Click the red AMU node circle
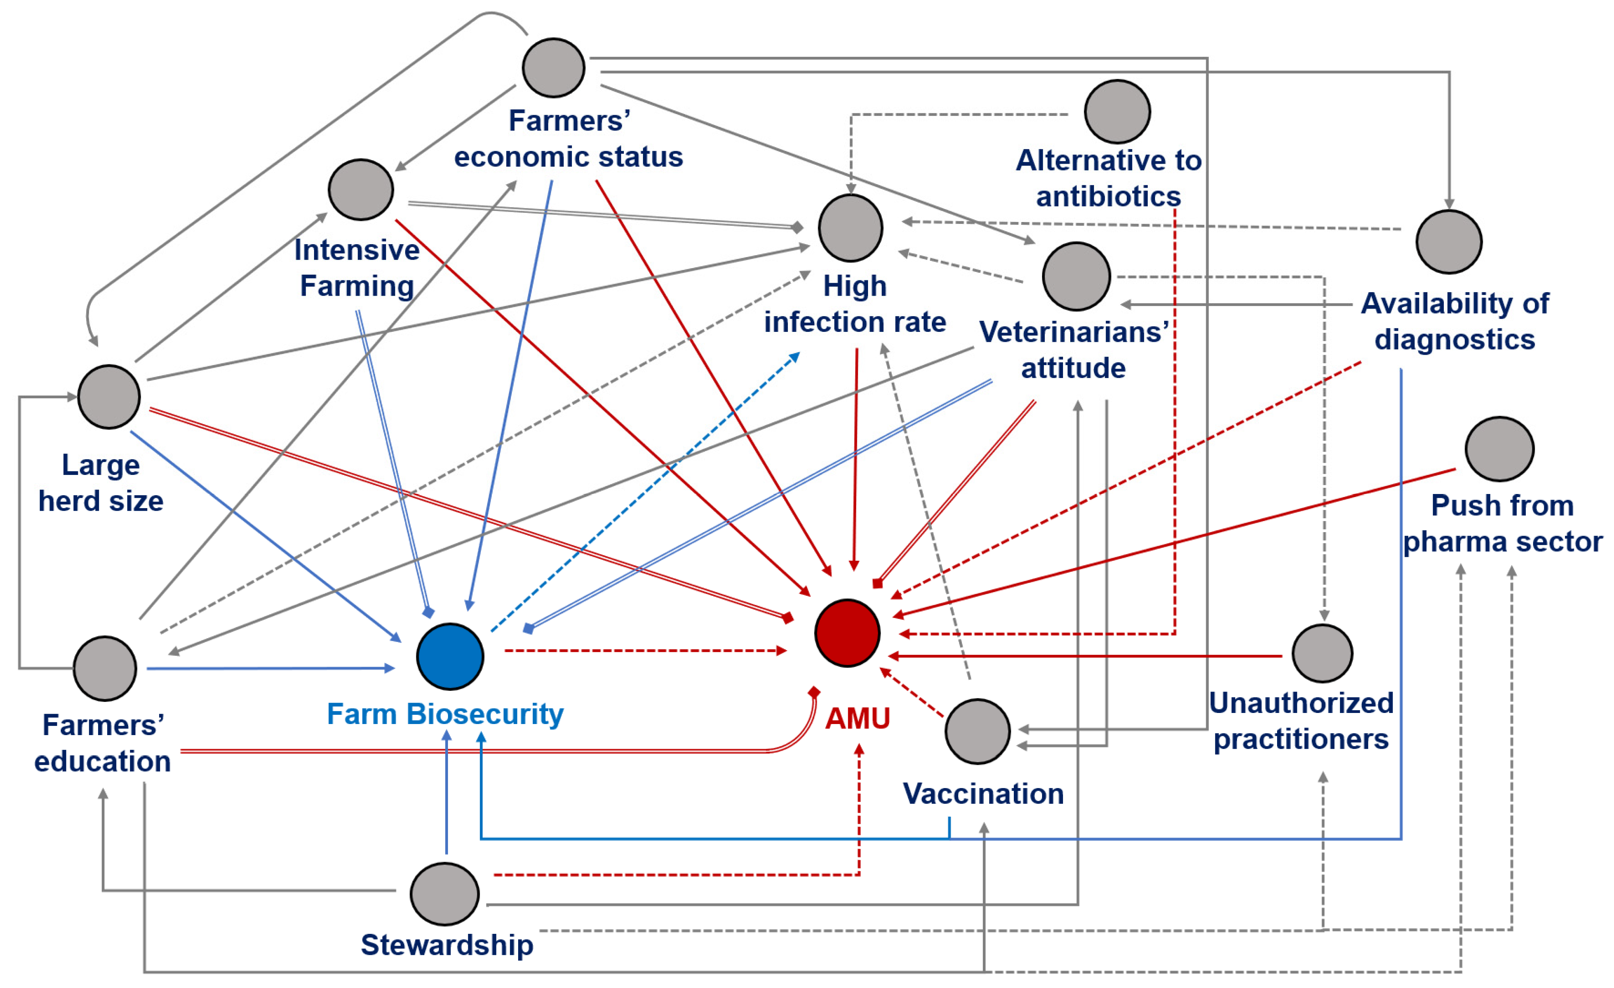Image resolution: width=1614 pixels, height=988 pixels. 847,633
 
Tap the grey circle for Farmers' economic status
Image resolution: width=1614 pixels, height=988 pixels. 554,68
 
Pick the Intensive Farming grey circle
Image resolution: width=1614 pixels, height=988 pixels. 361,189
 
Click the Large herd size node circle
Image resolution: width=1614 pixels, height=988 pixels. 109,397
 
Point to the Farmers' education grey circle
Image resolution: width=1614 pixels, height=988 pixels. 105,668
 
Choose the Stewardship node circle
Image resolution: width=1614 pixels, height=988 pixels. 445,894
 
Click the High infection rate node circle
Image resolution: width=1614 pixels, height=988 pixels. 851,228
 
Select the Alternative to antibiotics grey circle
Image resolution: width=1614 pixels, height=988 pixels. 1118,112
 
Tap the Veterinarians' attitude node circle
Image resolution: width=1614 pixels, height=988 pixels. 1076,276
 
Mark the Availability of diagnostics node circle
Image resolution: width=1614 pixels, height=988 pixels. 1449,241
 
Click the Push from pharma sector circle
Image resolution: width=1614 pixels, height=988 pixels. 1500,449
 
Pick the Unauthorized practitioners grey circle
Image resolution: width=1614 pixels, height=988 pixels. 1322,653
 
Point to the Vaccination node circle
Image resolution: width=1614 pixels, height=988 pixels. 977,731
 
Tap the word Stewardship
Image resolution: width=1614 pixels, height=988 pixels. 447,945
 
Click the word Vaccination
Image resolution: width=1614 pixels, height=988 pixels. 983,793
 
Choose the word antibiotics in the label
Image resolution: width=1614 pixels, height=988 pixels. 1108,196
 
